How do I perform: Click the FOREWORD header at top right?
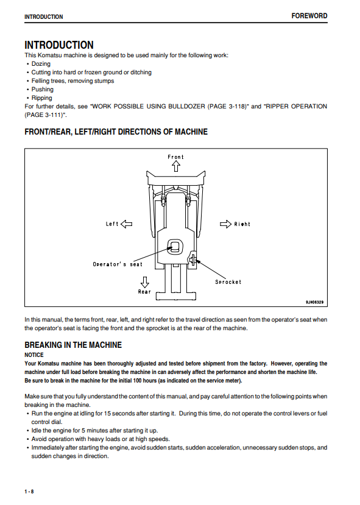point(309,16)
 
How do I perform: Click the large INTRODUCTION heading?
point(59,44)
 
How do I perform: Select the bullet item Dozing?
point(41,64)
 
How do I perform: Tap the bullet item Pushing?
point(42,89)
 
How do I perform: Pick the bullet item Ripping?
point(41,98)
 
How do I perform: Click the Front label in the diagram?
point(175,157)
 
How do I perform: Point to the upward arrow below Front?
point(176,166)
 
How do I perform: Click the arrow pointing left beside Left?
point(127,224)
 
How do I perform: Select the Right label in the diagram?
point(242,224)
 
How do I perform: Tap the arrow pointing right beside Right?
point(225,224)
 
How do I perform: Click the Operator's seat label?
point(118,264)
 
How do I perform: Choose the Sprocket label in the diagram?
point(228,282)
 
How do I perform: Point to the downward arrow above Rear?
point(145,282)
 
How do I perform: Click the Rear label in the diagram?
point(144,291)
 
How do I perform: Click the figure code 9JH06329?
point(314,302)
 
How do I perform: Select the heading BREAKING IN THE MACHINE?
point(73,345)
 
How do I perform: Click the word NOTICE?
point(34,355)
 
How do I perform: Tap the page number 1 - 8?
point(29,492)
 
